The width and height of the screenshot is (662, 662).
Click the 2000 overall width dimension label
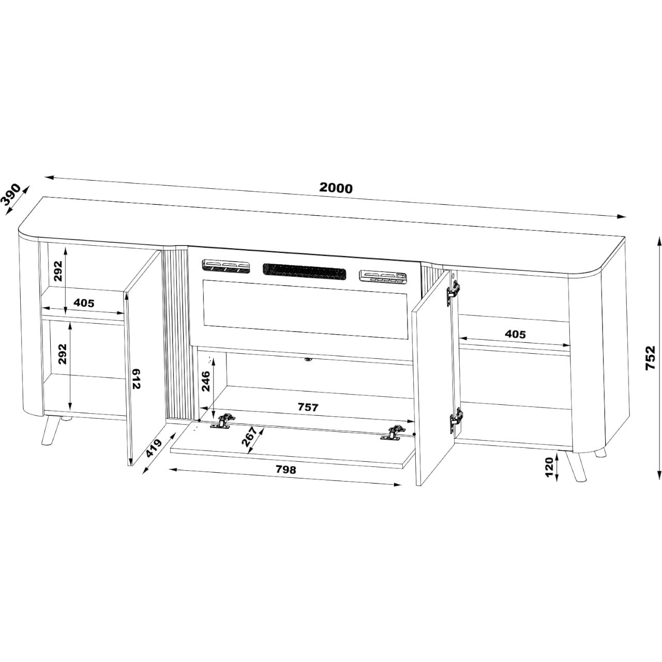click(x=336, y=188)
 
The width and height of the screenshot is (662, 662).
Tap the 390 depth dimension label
click(x=10, y=195)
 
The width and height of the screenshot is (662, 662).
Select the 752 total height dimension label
click(x=650, y=357)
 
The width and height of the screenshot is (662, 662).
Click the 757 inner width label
click(x=308, y=407)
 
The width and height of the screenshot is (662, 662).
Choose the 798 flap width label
click(x=286, y=469)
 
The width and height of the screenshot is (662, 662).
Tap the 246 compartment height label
click(x=206, y=381)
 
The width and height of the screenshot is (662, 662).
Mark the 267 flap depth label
click(x=249, y=437)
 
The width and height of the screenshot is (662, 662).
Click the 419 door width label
click(x=153, y=448)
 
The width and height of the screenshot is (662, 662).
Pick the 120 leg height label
click(x=549, y=467)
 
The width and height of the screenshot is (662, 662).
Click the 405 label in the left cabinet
click(x=84, y=303)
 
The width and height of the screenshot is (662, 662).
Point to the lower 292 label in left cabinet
click(x=62, y=354)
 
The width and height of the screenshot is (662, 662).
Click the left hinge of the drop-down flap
click(x=222, y=421)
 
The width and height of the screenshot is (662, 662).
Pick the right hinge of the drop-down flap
click(x=394, y=432)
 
